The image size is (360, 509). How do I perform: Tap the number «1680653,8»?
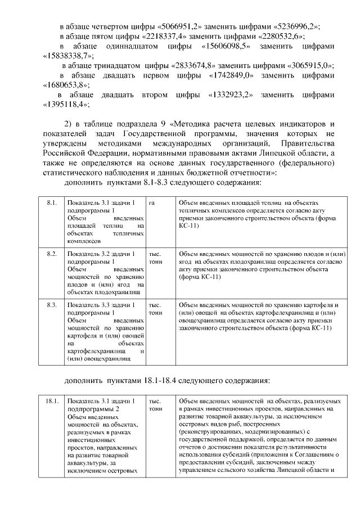(x=66, y=85)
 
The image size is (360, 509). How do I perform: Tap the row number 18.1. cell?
(x=52, y=401)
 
